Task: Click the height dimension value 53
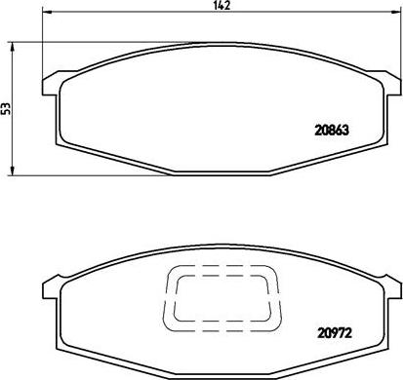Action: (x=8, y=109)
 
